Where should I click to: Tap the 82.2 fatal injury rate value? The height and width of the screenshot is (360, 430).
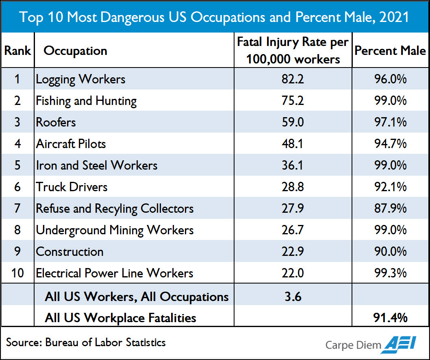[x=293, y=79]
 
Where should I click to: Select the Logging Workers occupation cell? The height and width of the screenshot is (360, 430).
[x=81, y=79]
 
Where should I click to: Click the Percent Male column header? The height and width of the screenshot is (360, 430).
[x=390, y=50]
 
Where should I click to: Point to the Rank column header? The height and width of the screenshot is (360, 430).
[x=17, y=50]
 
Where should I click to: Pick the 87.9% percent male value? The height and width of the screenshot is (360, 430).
[x=390, y=209]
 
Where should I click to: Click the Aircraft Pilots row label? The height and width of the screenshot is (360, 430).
[x=71, y=144]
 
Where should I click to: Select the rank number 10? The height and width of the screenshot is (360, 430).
[x=17, y=273]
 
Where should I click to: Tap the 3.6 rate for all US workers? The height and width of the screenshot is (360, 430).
[x=293, y=297]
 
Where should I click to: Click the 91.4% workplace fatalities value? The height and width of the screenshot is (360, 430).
[x=390, y=317]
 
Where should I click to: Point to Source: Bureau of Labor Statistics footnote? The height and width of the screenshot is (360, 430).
[x=86, y=342]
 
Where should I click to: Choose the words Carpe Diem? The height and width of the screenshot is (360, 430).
[x=353, y=345]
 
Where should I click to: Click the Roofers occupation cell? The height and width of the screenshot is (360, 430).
[x=56, y=122]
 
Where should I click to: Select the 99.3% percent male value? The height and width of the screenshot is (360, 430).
[x=390, y=273]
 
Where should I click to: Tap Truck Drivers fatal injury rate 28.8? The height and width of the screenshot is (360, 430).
[x=293, y=187]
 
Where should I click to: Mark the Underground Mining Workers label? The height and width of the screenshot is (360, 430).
[x=115, y=230]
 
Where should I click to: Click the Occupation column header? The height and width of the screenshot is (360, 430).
[x=76, y=51]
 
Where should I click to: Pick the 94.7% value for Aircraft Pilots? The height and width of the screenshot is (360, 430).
[x=390, y=144]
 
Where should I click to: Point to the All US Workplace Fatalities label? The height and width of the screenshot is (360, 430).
[x=121, y=318]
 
